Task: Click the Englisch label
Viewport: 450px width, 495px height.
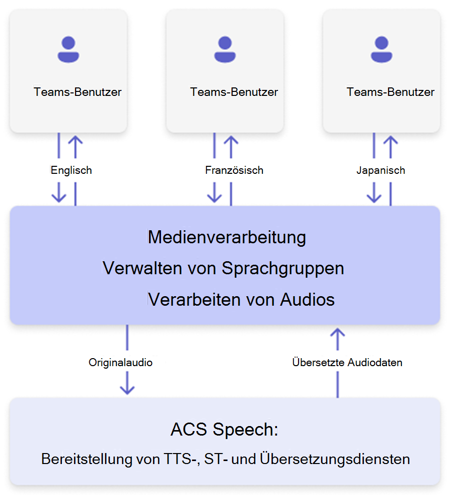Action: coord(71,170)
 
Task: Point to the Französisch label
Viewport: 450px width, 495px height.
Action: coord(234,170)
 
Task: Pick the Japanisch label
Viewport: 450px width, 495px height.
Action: coord(380,170)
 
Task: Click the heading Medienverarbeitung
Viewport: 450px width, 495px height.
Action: coord(226,237)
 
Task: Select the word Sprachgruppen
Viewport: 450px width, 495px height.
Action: coord(283,268)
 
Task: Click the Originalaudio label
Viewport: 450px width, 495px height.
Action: coord(120,362)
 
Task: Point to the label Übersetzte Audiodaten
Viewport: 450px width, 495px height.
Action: coord(347,363)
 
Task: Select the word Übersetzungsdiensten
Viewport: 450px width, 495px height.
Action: coord(335,459)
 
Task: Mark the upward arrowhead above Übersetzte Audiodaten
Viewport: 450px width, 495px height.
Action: coord(338,333)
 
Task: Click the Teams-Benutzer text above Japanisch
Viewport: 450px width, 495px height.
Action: coord(390,92)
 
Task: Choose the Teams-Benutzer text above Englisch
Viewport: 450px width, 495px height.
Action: coord(77,92)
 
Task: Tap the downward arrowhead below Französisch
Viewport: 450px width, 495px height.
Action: coord(214,196)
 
